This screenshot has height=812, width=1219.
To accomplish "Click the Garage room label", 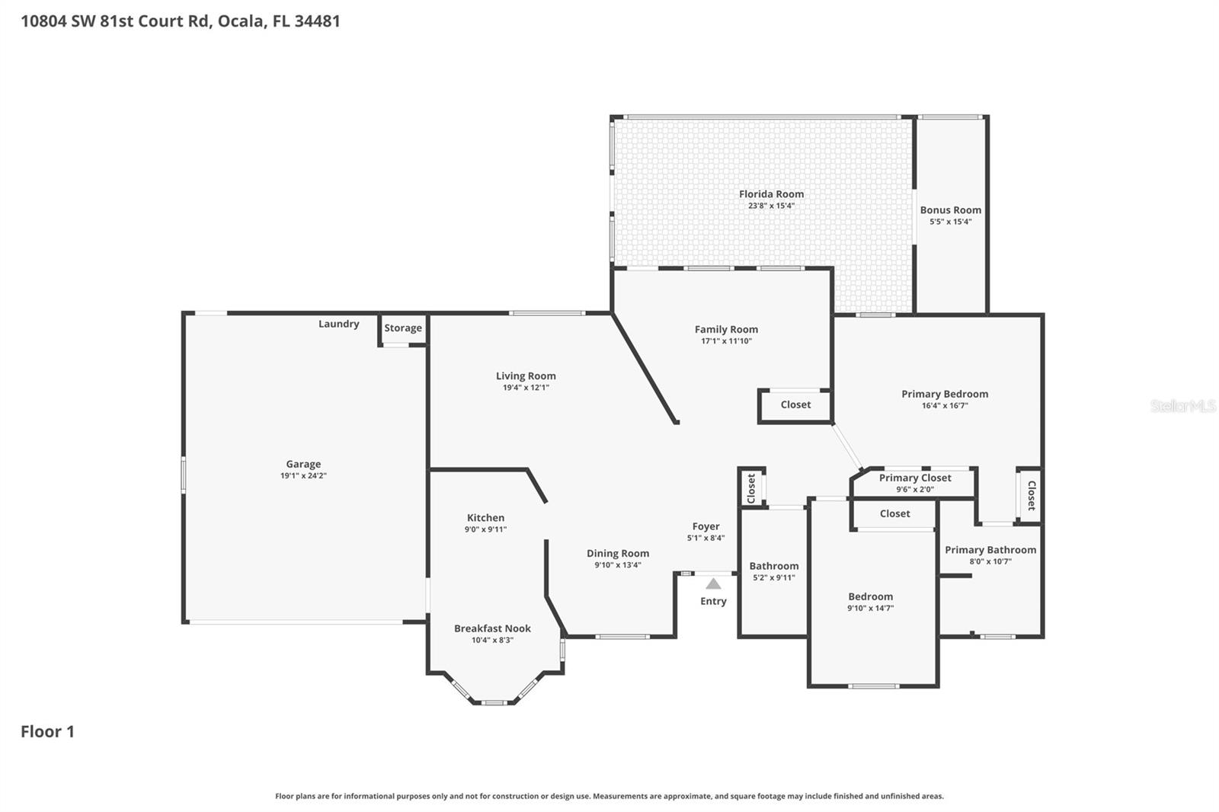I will [x=303, y=464].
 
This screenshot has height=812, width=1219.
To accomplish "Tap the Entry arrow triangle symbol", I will [x=713, y=584].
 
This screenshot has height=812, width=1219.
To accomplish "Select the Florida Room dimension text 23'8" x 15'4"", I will [x=771, y=206].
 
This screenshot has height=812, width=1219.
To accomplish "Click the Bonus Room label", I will [x=950, y=210].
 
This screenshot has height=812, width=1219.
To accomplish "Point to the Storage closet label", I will [x=403, y=328].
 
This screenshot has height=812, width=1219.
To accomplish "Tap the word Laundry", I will [x=338, y=324].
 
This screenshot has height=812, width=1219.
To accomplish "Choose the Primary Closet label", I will [x=914, y=478].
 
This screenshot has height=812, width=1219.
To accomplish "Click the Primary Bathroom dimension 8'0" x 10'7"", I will [x=990, y=561].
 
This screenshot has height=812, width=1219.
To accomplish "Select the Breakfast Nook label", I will [x=492, y=628].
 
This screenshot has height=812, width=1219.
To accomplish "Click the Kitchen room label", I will [x=485, y=517].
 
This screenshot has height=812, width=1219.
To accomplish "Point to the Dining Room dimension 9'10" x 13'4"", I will [x=618, y=565].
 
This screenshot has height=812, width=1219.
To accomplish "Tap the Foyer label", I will [x=705, y=526].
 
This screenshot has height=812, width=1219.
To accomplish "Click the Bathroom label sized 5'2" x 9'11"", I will [x=773, y=566].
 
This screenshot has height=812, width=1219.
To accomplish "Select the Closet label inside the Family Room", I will [x=795, y=404].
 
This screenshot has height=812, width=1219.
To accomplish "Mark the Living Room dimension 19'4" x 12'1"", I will [x=526, y=388].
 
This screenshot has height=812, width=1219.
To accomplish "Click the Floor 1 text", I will [x=47, y=732].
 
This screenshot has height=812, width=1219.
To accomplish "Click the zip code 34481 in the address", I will [x=317, y=21].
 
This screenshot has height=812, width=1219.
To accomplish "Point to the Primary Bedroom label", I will [x=945, y=394].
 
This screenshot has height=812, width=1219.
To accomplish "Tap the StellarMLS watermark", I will [x=1182, y=406].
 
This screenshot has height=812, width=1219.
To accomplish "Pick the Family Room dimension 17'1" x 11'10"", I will [x=726, y=341].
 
